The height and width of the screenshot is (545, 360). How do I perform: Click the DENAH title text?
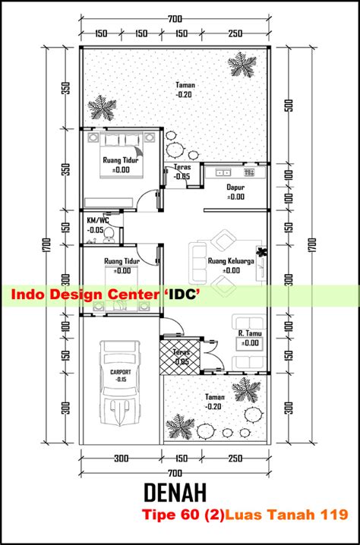[175, 493]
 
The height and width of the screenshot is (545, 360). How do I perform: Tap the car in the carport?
[119, 383]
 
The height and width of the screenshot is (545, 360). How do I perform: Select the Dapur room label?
[235, 187]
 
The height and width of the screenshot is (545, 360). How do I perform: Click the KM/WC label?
[97, 220]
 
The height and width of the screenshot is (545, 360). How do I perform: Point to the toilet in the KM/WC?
[109, 235]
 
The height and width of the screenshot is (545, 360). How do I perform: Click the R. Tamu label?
[250, 333]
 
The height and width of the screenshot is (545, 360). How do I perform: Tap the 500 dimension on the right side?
[290, 106]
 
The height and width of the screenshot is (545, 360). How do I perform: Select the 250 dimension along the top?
[235, 33]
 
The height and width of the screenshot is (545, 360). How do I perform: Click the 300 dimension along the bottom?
[121, 458]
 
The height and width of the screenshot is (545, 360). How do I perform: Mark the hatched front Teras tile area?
[180, 357]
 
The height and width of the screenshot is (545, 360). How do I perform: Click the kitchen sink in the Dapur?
[223, 172]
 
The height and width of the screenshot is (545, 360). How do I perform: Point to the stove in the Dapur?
[249, 172]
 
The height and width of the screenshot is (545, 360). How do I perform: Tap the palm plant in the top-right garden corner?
[242, 65]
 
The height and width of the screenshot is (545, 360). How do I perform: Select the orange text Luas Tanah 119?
[286, 514]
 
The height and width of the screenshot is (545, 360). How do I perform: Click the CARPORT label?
[121, 372]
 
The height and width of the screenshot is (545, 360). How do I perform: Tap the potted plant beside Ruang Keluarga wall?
[261, 252]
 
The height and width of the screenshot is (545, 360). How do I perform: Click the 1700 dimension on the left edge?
[48, 245]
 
